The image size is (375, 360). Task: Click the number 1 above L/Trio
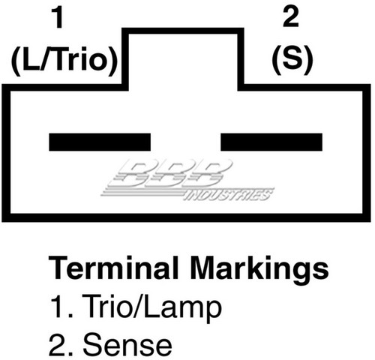58,18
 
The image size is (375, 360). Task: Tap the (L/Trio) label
64,61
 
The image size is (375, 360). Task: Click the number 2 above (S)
291,16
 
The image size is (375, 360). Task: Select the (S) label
292,60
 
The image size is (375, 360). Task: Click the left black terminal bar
100,142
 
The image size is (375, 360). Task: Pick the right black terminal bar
271,142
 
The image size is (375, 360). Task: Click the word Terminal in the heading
113,268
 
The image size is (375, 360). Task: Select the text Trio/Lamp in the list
151,307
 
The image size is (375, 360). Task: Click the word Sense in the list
127,345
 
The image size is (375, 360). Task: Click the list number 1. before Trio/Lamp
61,305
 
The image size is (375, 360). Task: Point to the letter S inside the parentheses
292,59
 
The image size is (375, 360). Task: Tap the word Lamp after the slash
183,308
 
